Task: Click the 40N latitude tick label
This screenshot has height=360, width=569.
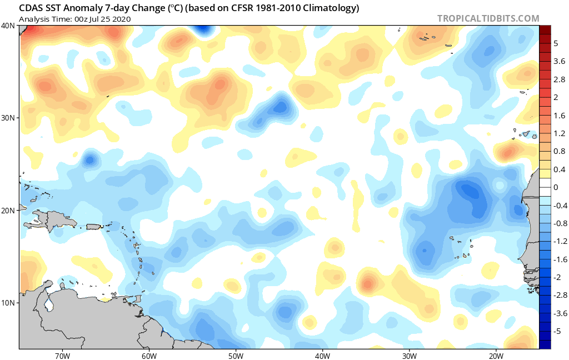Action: pos(8,26)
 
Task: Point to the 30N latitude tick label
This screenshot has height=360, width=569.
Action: pos(8,118)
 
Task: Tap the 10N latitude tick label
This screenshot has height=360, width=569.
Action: pos(8,303)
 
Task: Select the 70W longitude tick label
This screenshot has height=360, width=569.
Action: pos(62,356)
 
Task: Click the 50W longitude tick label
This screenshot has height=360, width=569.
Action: pos(236,356)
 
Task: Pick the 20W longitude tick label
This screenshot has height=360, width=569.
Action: pos(496,356)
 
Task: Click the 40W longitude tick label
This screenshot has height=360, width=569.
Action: pos(323,356)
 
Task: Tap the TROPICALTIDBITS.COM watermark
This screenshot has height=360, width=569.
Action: pos(488,18)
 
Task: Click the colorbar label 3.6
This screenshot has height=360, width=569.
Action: pos(559,61)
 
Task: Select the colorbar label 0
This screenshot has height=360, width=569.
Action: pos(556,187)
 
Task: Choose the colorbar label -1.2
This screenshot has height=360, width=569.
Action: pos(560,241)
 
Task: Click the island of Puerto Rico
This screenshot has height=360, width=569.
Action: pos(93,227)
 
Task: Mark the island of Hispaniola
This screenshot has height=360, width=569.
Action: pos(54,219)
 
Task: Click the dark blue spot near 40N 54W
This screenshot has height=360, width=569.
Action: pos(203,29)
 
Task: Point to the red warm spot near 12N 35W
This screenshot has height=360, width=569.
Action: pos(368,283)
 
